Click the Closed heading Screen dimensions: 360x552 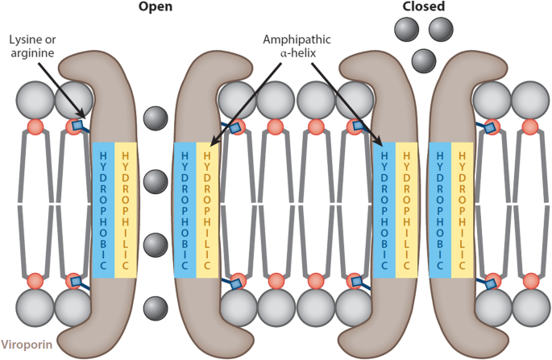click(424, 7)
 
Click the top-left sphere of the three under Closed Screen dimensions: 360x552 click(407, 29)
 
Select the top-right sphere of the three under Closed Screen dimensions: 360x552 click(442, 29)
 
